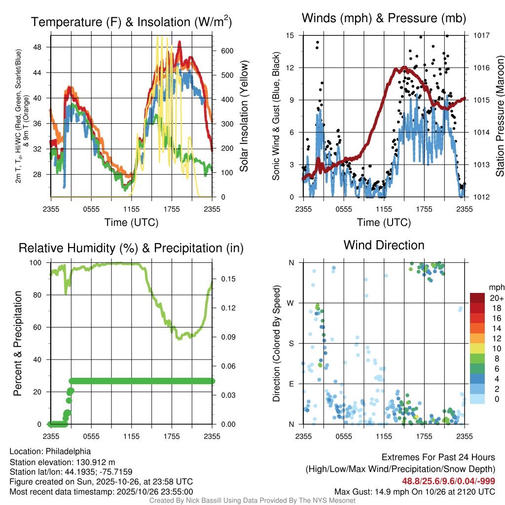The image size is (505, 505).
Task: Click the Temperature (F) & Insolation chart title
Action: [x=131, y=22]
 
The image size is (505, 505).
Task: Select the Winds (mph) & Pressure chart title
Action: [x=384, y=18]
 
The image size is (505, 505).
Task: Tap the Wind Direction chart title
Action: [x=384, y=245]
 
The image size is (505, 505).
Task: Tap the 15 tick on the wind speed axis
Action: [x=290, y=36]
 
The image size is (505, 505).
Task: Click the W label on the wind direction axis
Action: [x=291, y=303]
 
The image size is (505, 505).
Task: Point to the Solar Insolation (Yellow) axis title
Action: [x=244, y=116]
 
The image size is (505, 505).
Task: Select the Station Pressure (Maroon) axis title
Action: [x=499, y=116]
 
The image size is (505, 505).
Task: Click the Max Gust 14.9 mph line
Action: [x=415, y=491]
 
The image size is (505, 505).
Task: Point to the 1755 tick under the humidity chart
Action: [x=172, y=436]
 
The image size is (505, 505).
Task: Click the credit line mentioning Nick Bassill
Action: [x=252, y=501]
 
